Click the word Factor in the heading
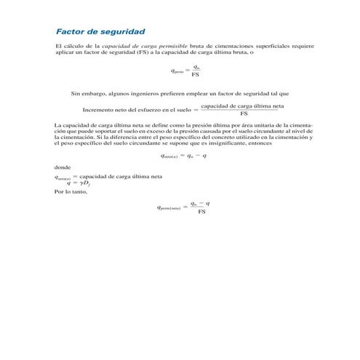tap(70, 32)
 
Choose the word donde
tap(63, 168)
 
